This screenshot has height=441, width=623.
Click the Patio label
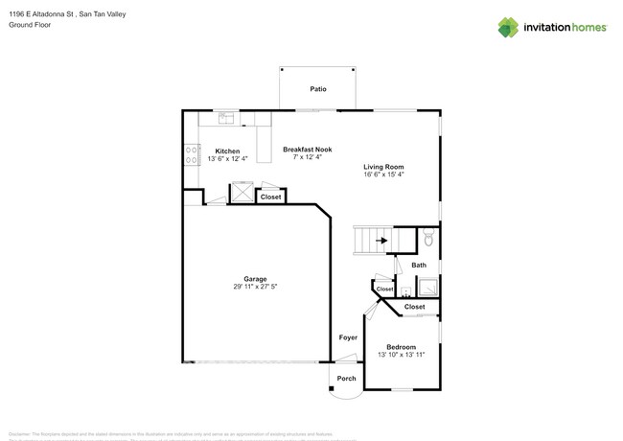tap(318, 89)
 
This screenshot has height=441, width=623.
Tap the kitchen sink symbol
tap(227, 119)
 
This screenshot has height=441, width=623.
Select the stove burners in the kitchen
tap(192, 155)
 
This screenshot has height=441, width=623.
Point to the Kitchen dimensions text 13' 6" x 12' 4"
tap(227, 159)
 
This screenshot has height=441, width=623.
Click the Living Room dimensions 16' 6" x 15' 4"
tap(384, 174)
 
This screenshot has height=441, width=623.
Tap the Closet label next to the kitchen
tap(271, 197)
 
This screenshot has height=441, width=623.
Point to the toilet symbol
tap(429, 239)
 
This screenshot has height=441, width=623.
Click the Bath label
tap(419, 265)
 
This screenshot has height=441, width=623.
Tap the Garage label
tap(254, 279)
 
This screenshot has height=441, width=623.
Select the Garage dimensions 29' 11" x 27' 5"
tap(254, 287)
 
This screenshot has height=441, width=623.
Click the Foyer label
tap(348, 337)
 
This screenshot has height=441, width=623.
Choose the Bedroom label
tap(401, 346)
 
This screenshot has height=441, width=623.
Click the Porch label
tap(346, 378)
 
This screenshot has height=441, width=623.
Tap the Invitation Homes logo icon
tap(509, 28)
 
